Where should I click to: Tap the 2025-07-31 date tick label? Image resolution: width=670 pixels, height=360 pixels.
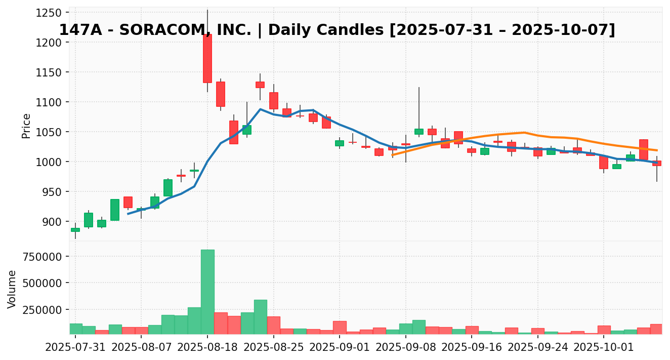coord(75,348)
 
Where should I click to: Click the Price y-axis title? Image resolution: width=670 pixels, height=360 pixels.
coord(26,126)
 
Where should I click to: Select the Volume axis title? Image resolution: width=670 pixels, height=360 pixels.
coord(12,289)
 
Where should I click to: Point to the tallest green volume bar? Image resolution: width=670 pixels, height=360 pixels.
coord(207,291)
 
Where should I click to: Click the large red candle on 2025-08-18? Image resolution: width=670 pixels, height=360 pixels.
coord(207,58)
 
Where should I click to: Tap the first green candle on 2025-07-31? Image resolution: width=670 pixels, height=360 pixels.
coord(75,230)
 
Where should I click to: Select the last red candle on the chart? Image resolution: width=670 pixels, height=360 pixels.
coord(656,163)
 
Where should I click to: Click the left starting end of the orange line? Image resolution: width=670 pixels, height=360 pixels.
coord(393,155)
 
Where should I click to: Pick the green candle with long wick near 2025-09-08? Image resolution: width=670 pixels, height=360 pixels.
coord(419,132)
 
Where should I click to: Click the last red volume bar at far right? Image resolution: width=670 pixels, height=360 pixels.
coord(656,329)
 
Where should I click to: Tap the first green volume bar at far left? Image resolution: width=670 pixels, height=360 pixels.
coord(75,329)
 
